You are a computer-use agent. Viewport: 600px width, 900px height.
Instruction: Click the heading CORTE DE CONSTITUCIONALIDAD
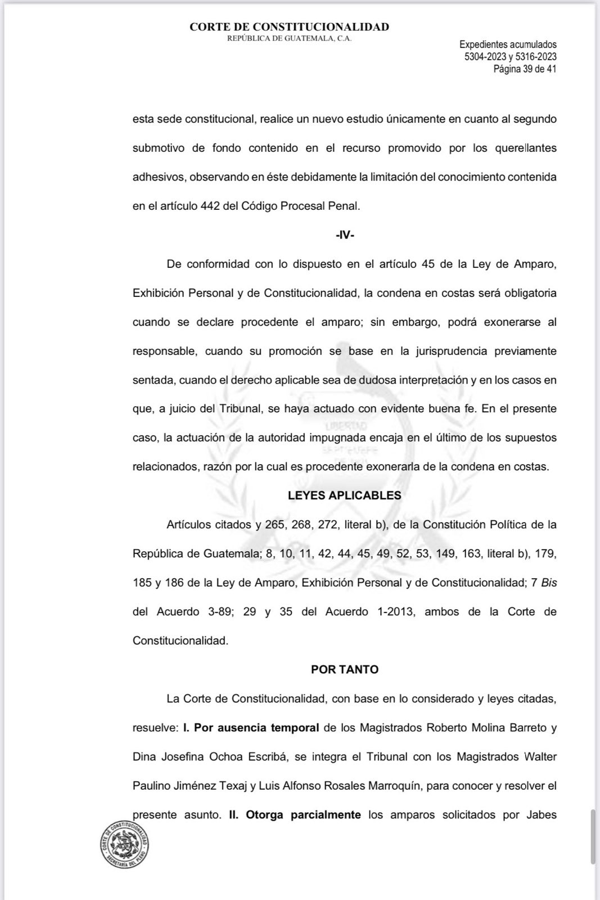pyautogui.click(x=289, y=26)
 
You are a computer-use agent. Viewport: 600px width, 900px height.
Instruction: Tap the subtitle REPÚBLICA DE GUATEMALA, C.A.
pyautogui.click(x=289, y=38)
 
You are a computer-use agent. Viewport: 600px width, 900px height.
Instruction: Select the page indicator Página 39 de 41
pyautogui.click(x=525, y=69)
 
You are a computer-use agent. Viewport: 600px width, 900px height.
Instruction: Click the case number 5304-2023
pyautogui.click(x=485, y=56)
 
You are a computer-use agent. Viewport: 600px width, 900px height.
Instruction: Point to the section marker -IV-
pyautogui.click(x=345, y=235)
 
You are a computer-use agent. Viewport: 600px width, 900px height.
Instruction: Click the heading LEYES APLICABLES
pyautogui.click(x=345, y=496)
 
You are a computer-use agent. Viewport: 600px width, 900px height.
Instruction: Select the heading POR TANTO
pyautogui.click(x=345, y=669)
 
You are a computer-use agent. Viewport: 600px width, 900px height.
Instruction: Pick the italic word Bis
pyautogui.click(x=549, y=583)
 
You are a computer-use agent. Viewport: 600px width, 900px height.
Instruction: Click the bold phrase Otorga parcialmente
pyautogui.click(x=303, y=814)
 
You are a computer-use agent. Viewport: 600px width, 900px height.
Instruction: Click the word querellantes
pyautogui.click(x=526, y=148)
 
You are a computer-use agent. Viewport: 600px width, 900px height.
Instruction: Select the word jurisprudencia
pyautogui.click(x=443, y=351)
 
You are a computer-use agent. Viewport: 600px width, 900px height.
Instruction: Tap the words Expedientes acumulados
pyautogui.click(x=508, y=44)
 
